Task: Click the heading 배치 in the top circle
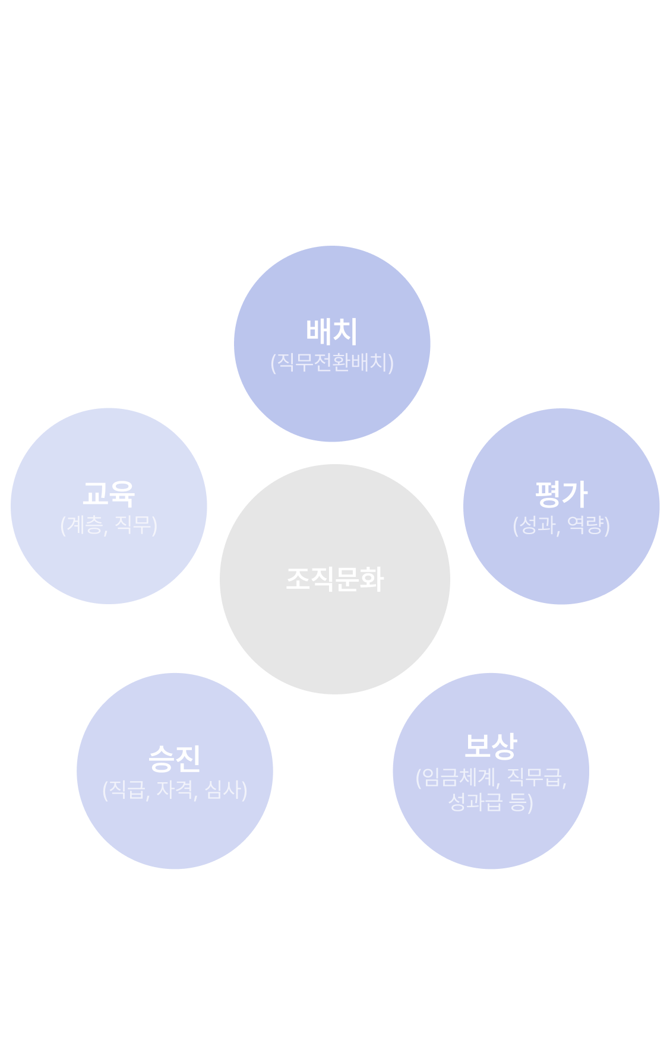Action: pos(332,332)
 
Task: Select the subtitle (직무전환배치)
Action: pos(332,362)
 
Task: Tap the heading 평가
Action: pos(561,494)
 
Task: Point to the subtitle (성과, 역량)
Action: pos(561,525)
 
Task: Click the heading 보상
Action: pos(491,747)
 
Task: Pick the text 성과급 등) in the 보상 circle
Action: pos(491,802)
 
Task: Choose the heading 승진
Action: pos(175,758)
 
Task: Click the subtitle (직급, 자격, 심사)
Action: pos(175,789)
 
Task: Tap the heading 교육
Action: pos(109,494)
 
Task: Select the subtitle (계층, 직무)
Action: pos(109,525)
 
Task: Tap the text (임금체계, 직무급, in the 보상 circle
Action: pos(491,777)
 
